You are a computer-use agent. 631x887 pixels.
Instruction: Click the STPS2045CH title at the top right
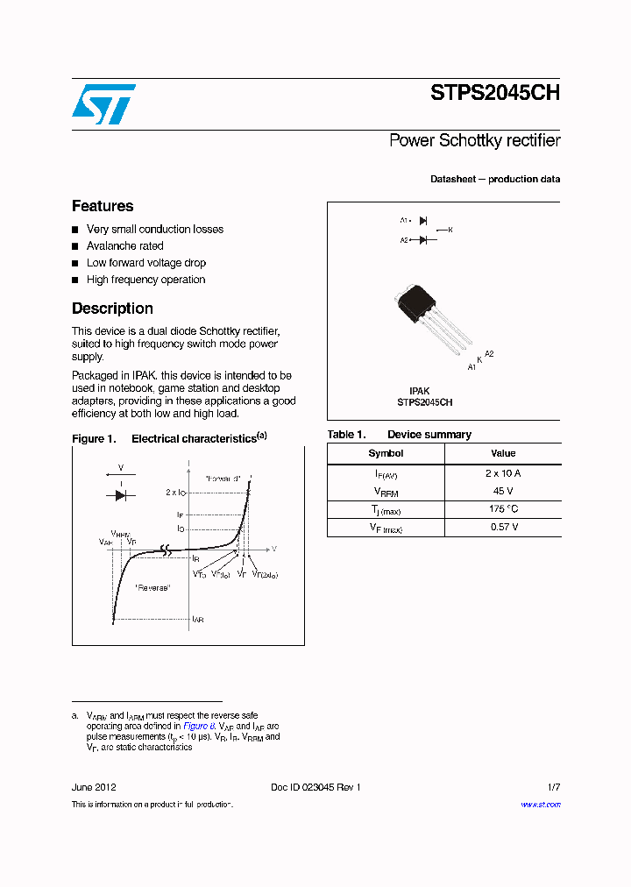[494, 94]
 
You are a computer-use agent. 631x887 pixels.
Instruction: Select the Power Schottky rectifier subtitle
[474, 140]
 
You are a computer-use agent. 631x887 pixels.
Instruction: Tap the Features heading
[103, 206]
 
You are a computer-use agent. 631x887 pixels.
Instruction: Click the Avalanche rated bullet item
[124, 246]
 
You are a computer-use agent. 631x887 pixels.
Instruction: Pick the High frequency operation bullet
[145, 280]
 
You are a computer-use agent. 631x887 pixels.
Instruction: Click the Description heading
[112, 309]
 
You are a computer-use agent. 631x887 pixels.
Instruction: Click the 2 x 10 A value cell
[503, 473]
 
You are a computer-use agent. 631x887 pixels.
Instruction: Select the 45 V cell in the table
[503, 492]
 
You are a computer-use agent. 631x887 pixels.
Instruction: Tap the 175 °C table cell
[503, 509]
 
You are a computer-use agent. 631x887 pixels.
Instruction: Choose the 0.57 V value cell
[503, 528]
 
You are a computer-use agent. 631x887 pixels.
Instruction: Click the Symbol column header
[386, 454]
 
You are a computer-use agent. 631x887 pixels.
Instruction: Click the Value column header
[503, 454]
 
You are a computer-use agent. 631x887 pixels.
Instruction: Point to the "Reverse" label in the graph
[153, 587]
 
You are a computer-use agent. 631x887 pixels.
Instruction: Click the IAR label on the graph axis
[198, 620]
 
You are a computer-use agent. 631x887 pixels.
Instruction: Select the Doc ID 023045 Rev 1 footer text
[315, 787]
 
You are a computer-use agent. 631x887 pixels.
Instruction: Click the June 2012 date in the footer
[94, 787]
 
